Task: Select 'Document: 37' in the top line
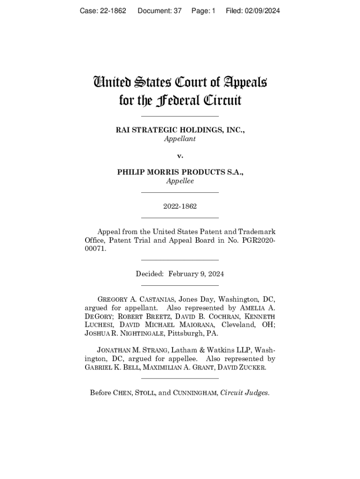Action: pyautogui.click(x=159, y=11)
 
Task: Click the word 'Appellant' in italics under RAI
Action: pyautogui.click(x=180, y=139)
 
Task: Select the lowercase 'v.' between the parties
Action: pyautogui.click(x=180, y=155)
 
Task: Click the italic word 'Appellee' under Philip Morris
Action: pyautogui.click(x=180, y=181)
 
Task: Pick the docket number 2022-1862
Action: pyautogui.click(x=180, y=206)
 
